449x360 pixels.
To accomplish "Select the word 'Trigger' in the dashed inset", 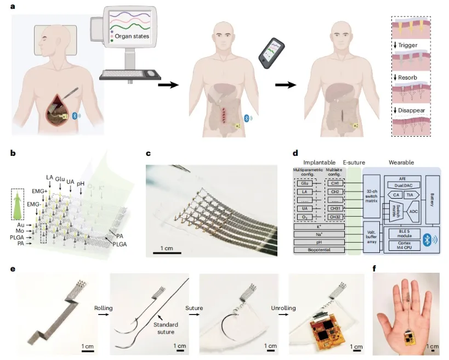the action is point(408,45).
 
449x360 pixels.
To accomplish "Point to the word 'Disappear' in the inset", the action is point(411,111).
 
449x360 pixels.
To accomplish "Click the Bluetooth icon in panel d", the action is point(430,239).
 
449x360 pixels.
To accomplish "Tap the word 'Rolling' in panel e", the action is point(104,308).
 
